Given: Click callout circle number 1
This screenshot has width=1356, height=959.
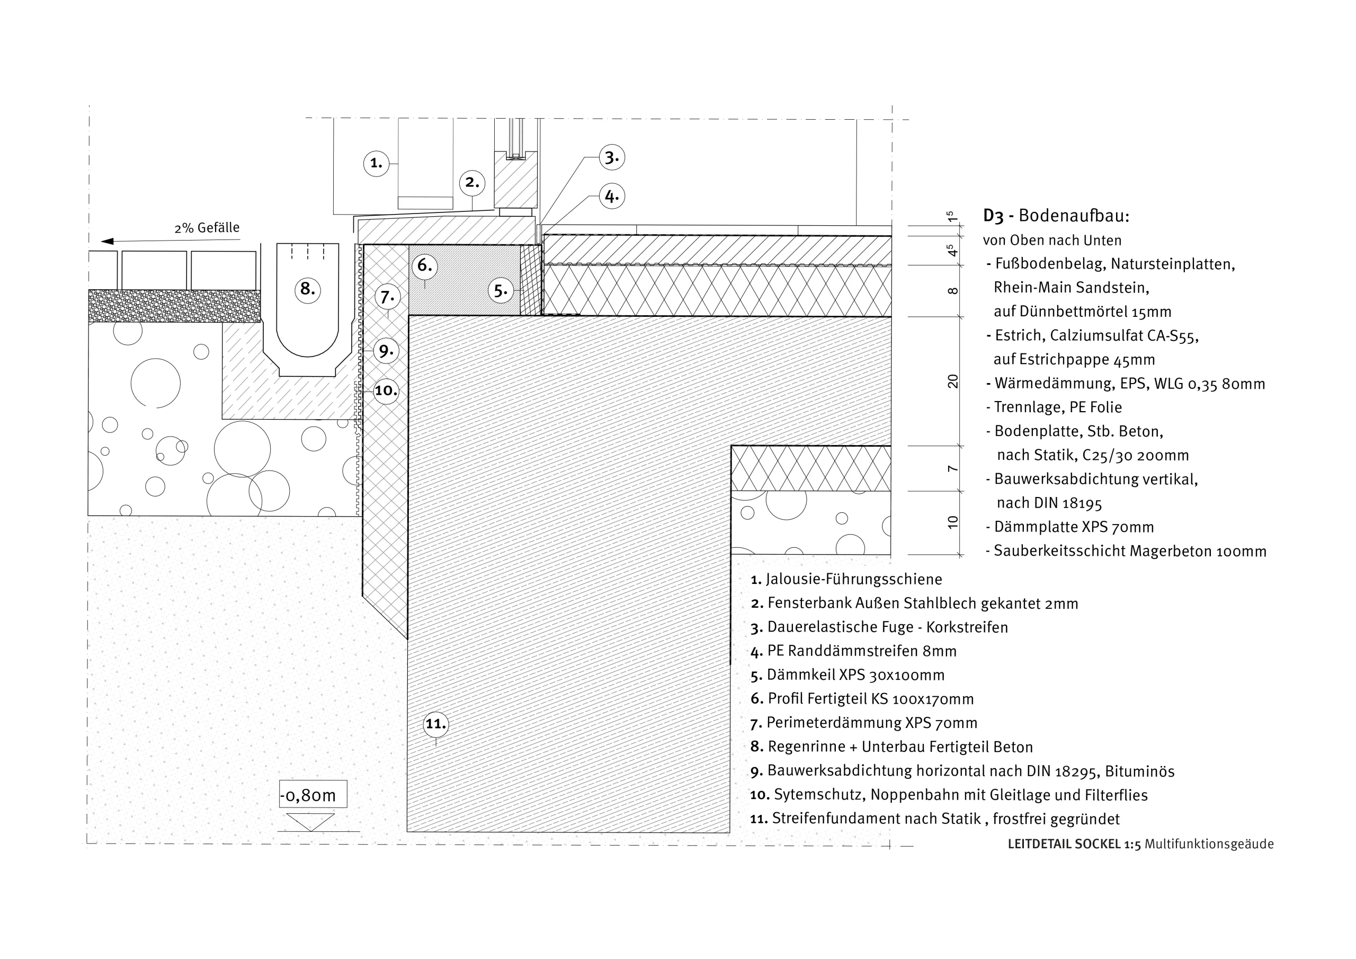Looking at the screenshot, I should point(376,163).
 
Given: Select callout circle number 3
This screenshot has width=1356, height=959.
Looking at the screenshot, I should point(612,158).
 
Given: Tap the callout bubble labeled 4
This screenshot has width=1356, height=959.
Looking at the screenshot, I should point(612,196).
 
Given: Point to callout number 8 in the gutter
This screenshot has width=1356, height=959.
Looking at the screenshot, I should point(308,289).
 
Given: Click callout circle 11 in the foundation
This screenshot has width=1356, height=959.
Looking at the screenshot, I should point(436,724).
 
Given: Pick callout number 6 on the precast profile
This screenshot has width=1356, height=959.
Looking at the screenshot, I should point(425,265).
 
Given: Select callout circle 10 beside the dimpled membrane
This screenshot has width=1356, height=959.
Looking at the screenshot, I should point(386,390).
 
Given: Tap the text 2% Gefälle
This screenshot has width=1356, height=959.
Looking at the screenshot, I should point(207,228).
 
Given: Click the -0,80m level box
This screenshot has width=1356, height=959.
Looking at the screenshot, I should point(313,795).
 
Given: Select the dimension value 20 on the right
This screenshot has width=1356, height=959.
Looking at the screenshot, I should point(952,381).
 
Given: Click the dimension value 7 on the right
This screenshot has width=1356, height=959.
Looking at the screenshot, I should point(952,468).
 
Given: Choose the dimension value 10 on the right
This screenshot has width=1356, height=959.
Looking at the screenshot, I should point(952,522).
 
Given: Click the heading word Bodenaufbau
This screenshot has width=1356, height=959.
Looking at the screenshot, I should point(1073,216).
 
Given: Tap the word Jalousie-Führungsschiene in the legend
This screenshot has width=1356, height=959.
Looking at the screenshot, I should point(854,579).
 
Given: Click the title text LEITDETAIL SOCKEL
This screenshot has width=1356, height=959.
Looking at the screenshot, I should point(1063,845).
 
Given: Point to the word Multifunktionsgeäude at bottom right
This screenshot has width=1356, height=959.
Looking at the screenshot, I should point(1209,845).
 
